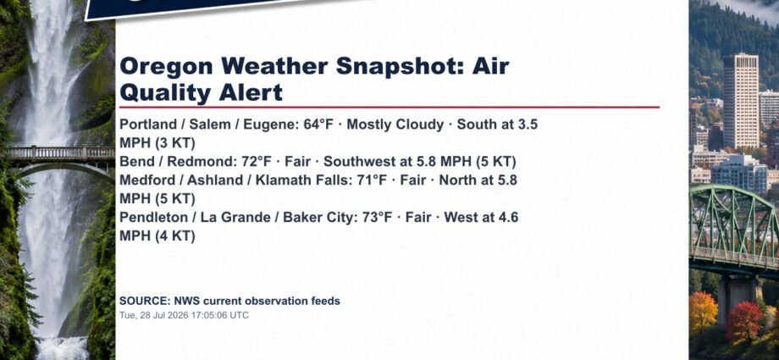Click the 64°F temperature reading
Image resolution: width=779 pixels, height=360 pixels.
coord(318,125)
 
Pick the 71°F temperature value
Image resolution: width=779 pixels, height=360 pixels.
coord(372,180)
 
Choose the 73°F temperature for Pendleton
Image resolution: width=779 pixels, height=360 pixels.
coord(377,218)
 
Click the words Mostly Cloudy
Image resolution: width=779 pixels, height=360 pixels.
coord(395,125)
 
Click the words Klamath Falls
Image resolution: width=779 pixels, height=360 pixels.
coord(302,180)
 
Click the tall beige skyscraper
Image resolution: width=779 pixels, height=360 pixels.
coord(740,101)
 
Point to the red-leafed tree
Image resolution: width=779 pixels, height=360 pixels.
coord(743,322)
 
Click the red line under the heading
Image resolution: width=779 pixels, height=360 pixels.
coord(389,107)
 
